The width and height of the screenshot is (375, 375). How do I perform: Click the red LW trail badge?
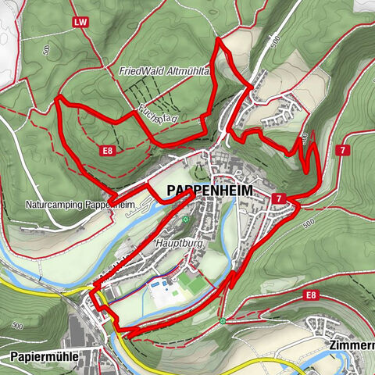[79, 23]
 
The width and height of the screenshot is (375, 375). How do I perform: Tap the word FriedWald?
[137, 71]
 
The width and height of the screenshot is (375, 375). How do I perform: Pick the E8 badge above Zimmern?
[311, 295]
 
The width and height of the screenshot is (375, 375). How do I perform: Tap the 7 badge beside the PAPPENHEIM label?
[279, 199]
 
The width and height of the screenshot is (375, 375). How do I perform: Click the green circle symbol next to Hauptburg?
[186, 220]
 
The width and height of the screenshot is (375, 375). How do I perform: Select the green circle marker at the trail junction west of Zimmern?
[223, 320]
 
